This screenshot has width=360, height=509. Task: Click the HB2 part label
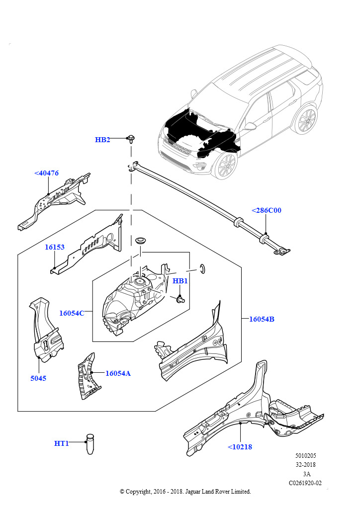tap(102, 140)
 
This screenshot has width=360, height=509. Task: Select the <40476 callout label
tap(46, 173)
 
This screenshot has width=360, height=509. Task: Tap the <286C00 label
tap(266, 210)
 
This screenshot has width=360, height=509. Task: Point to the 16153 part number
tap(55, 247)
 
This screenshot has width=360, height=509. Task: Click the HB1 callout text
tap(180, 281)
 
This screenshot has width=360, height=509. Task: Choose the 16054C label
tap(72, 313)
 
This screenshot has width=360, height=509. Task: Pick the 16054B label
tap(262, 319)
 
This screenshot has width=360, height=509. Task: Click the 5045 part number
tap(38, 378)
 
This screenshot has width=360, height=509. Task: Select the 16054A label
tap(118, 373)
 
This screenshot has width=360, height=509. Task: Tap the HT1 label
tap(62, 443)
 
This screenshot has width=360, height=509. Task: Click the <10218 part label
tap(240, 447)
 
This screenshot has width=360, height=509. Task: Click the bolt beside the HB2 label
tap(131, 138)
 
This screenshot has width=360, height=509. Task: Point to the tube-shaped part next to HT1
tap(90, 443)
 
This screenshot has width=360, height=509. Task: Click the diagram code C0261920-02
tap(305, 483)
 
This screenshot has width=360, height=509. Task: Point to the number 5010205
tap(305, 455)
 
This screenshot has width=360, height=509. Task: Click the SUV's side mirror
tap(250, 126)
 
